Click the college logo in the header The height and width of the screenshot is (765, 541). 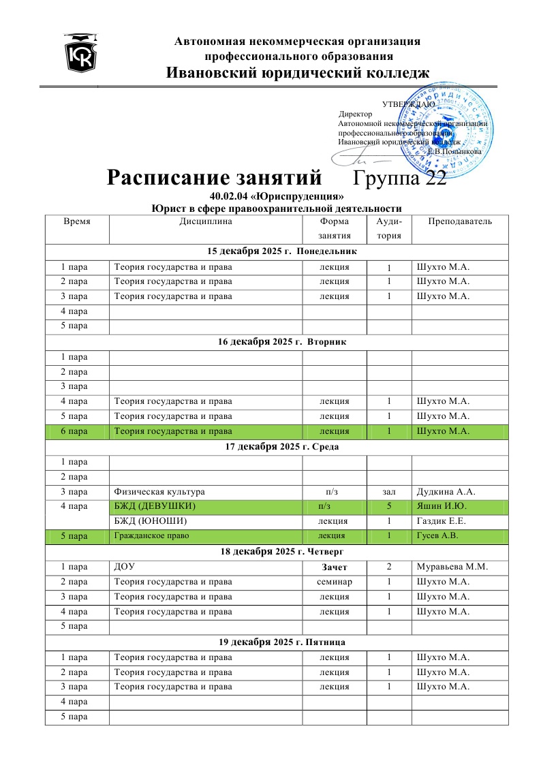(81, 54)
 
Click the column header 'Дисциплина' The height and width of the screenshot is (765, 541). (206, 221)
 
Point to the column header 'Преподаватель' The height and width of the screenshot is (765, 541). (460, 221)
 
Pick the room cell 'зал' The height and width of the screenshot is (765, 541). (389, 491)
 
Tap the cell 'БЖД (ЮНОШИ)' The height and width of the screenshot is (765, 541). (150, 521)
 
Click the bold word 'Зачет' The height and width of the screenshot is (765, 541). (335, 567)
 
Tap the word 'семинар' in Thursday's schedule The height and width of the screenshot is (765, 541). (335, 581)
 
